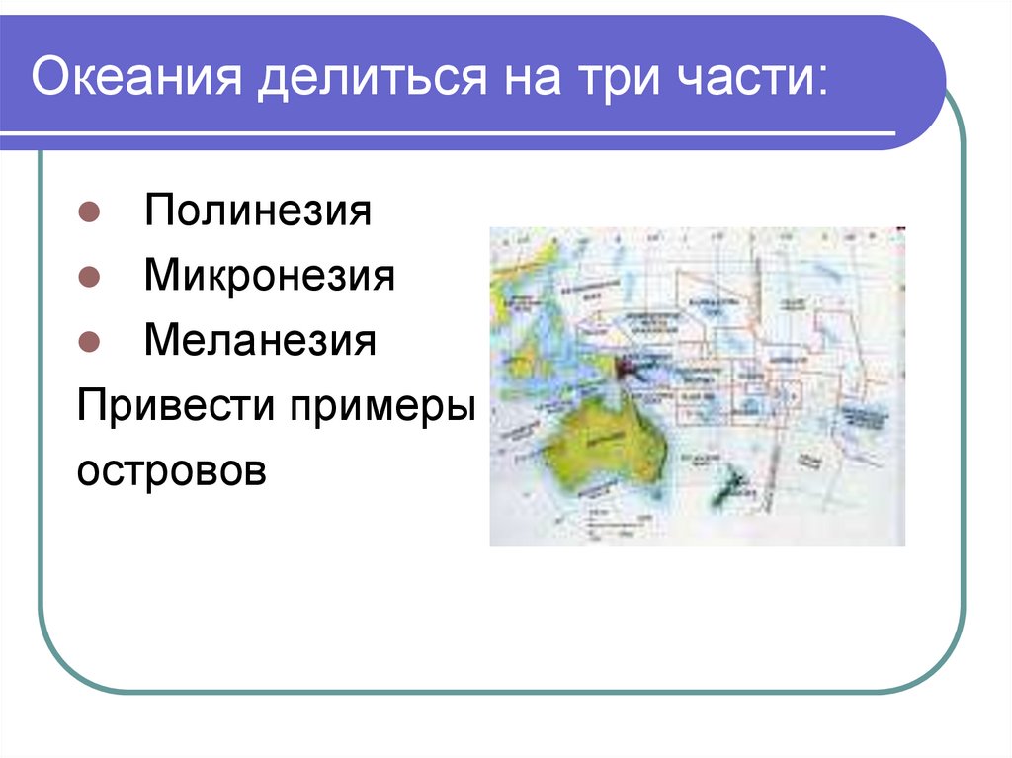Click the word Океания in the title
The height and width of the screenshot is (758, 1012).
pos(136,77)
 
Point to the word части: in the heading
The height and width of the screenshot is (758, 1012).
pos(755,78)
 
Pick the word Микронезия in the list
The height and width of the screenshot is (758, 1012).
pos(269,276)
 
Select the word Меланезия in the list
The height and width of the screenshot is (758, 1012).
pos(260,341)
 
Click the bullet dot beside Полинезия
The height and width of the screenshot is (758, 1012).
pos(87,212)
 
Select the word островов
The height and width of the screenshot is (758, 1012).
pos(172,469)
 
